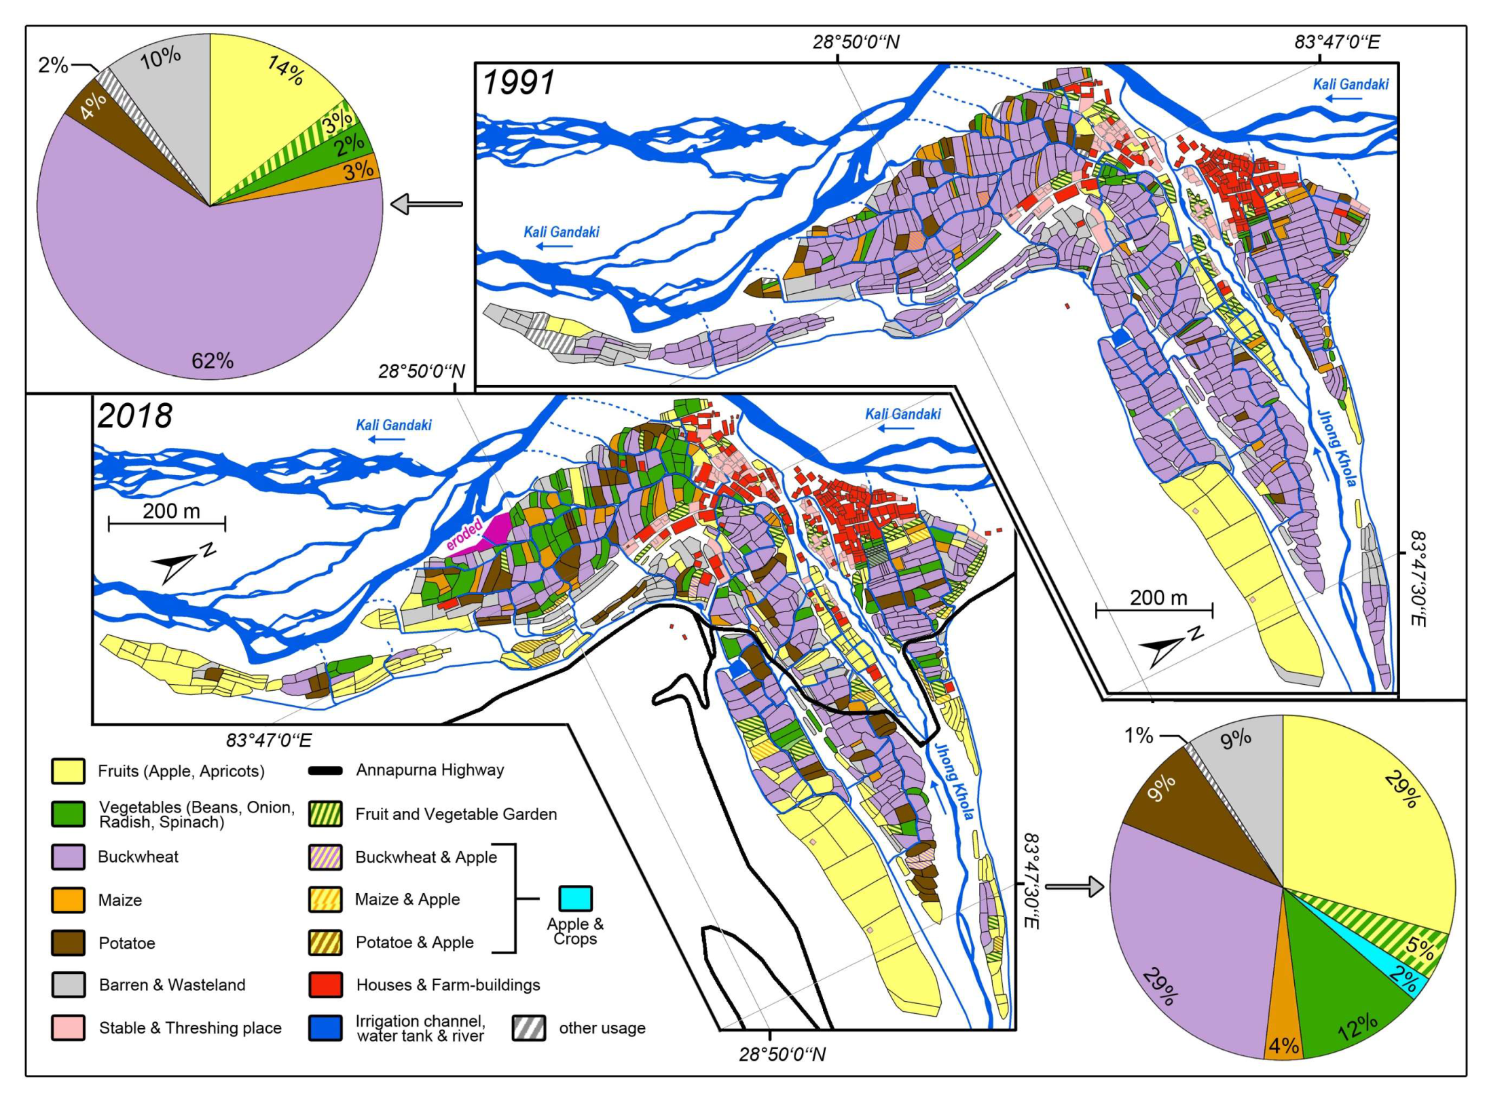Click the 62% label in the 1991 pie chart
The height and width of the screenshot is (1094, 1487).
[212, 360]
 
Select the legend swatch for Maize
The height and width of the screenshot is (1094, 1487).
[68, 900]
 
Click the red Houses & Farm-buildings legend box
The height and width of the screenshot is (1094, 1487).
[325, 985]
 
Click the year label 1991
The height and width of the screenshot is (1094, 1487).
[518, 83]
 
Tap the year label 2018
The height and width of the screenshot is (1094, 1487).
[135, 416]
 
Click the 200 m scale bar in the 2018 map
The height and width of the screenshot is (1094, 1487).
[167, 523]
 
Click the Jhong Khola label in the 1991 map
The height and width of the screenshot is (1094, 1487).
[1336, 447]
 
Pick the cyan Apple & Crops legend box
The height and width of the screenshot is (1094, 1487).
[574, 898]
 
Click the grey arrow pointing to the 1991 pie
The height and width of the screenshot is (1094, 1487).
[426, 204]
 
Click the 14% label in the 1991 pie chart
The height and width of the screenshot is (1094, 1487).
[285, 70]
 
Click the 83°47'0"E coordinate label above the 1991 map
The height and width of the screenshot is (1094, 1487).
[1336, 42]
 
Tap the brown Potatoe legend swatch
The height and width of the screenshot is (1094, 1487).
[68, 943]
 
